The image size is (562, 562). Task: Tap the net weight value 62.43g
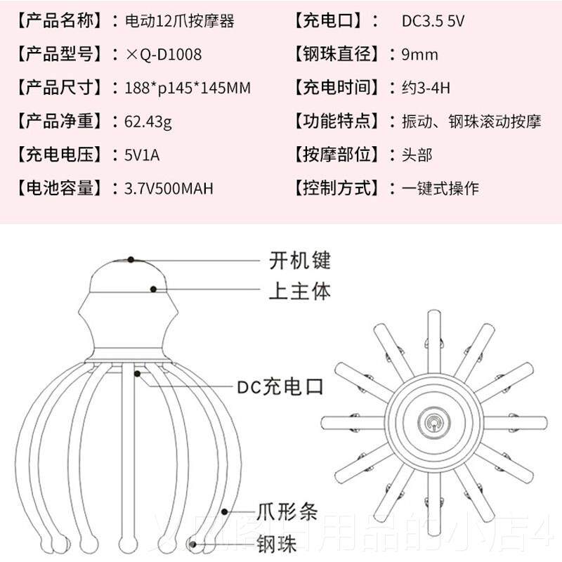148,122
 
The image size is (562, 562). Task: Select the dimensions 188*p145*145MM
187,88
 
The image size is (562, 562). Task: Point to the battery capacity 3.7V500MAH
169,188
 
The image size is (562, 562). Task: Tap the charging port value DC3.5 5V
433,21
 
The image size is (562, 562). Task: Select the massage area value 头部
417,155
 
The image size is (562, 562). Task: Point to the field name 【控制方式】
336,188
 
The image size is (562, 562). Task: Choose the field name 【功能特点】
336,122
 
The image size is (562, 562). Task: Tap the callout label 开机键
300,261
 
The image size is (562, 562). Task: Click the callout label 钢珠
274,542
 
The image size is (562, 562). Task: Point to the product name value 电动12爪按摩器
178,21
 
